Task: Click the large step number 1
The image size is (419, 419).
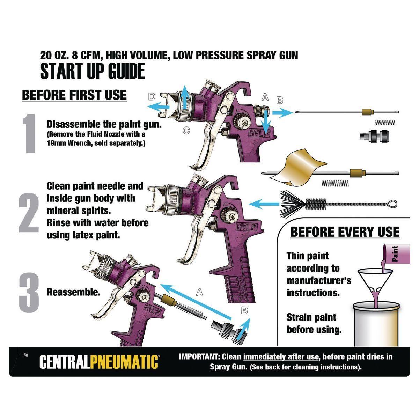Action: (29, 133)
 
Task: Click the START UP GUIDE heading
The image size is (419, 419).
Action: (92, 71)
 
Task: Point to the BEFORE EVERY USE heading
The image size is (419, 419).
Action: (345, 232)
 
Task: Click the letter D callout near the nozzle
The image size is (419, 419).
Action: (152, 97)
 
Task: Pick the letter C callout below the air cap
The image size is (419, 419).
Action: (186, 131)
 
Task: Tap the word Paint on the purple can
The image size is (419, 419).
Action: (395, 254)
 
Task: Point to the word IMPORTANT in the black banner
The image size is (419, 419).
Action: (199, 357)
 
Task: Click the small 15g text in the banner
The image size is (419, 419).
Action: (24, 355)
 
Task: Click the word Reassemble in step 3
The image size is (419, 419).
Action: (73, 292)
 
